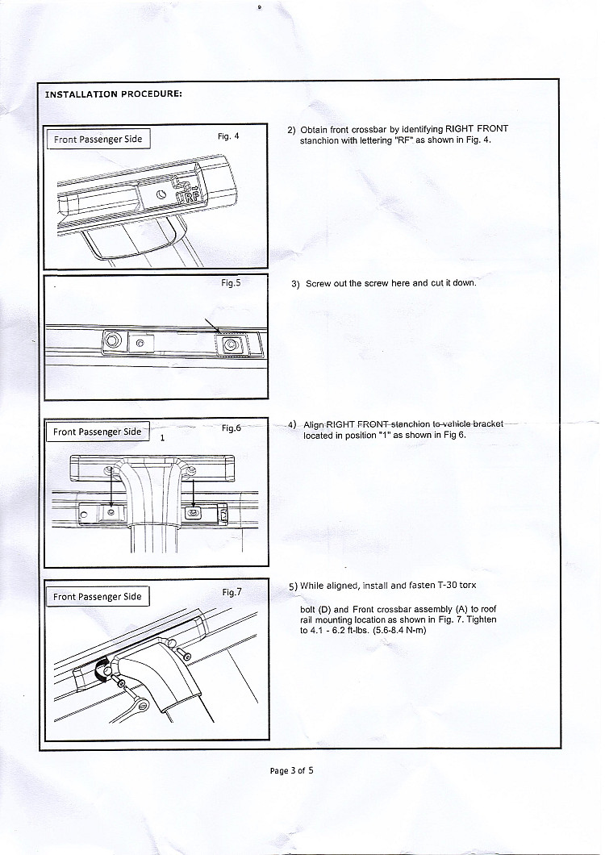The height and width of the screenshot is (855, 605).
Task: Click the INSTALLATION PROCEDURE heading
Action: point(113,94)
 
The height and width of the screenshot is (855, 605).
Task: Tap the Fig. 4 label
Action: point(228,136)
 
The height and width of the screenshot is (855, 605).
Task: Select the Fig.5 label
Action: point(232,283)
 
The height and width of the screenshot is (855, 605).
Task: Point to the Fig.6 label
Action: point(232,428)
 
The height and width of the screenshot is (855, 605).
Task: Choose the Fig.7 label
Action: point(232,592)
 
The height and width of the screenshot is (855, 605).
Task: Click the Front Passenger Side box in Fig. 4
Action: point(98,140)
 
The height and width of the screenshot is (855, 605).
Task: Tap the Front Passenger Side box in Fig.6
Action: point(97,432)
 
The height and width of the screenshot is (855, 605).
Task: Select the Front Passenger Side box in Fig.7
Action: point(97,597)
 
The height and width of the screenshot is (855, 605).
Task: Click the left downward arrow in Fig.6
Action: point(111,488)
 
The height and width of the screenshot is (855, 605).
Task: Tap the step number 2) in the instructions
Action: point(292,129)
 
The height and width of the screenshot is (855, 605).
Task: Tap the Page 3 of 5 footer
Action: point(291,770)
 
